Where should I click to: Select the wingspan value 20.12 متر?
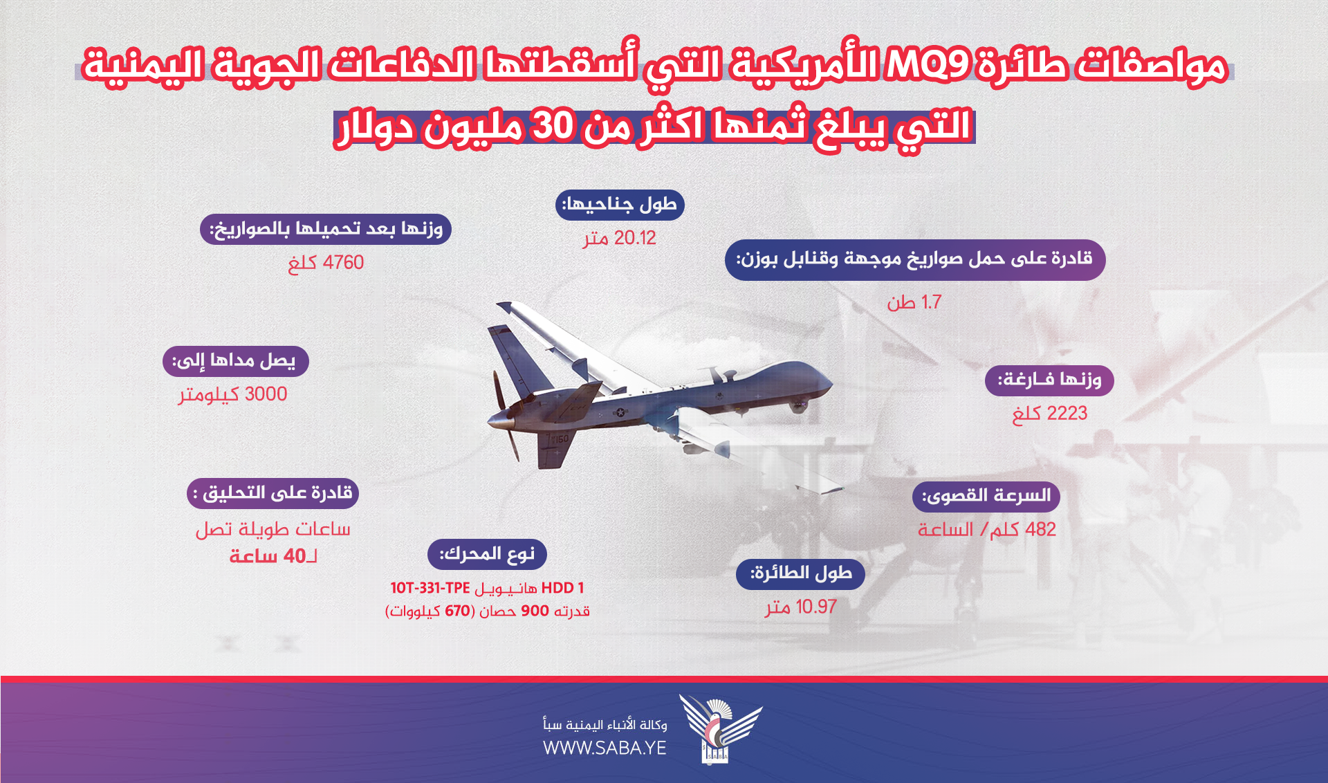(619, 239)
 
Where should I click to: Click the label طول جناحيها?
(620, 205)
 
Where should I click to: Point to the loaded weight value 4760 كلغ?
(326, 263)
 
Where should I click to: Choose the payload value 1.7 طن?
(914, 302)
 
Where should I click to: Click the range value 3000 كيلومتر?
(233, 394)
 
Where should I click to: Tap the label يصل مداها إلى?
(235, 361)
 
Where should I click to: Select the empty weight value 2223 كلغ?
(1049, 414)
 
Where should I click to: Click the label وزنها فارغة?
(1049, 380)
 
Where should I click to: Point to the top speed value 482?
(1040, 530)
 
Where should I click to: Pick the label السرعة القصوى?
(986, 497)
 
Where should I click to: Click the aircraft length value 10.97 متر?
(801, 607)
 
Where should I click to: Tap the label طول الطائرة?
(800, 574)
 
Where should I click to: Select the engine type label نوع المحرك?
(487, 555)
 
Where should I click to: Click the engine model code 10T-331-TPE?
(430, 588)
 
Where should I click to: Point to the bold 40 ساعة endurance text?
(273, 556)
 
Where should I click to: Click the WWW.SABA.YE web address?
(605, 748)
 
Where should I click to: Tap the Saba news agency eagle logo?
(719, 728)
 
